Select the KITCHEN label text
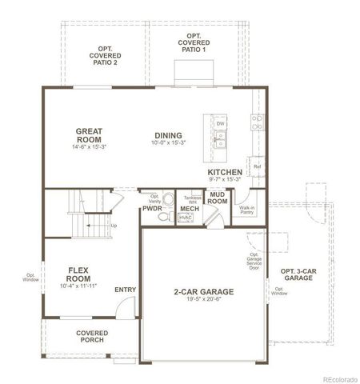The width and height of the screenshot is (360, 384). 225,172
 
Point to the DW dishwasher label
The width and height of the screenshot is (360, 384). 220,123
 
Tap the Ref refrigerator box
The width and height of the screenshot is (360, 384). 258,166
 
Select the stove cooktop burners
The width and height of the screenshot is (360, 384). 258,122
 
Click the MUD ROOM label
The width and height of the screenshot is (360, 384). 217,197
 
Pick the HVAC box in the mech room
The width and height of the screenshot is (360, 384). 186,218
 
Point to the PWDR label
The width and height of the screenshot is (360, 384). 153,209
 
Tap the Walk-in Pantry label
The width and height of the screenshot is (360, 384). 246,210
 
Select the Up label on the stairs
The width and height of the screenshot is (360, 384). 114,226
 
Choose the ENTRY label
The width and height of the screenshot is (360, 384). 126,290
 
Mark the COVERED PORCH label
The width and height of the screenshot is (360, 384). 92,337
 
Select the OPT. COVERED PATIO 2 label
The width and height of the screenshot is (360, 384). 104,56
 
